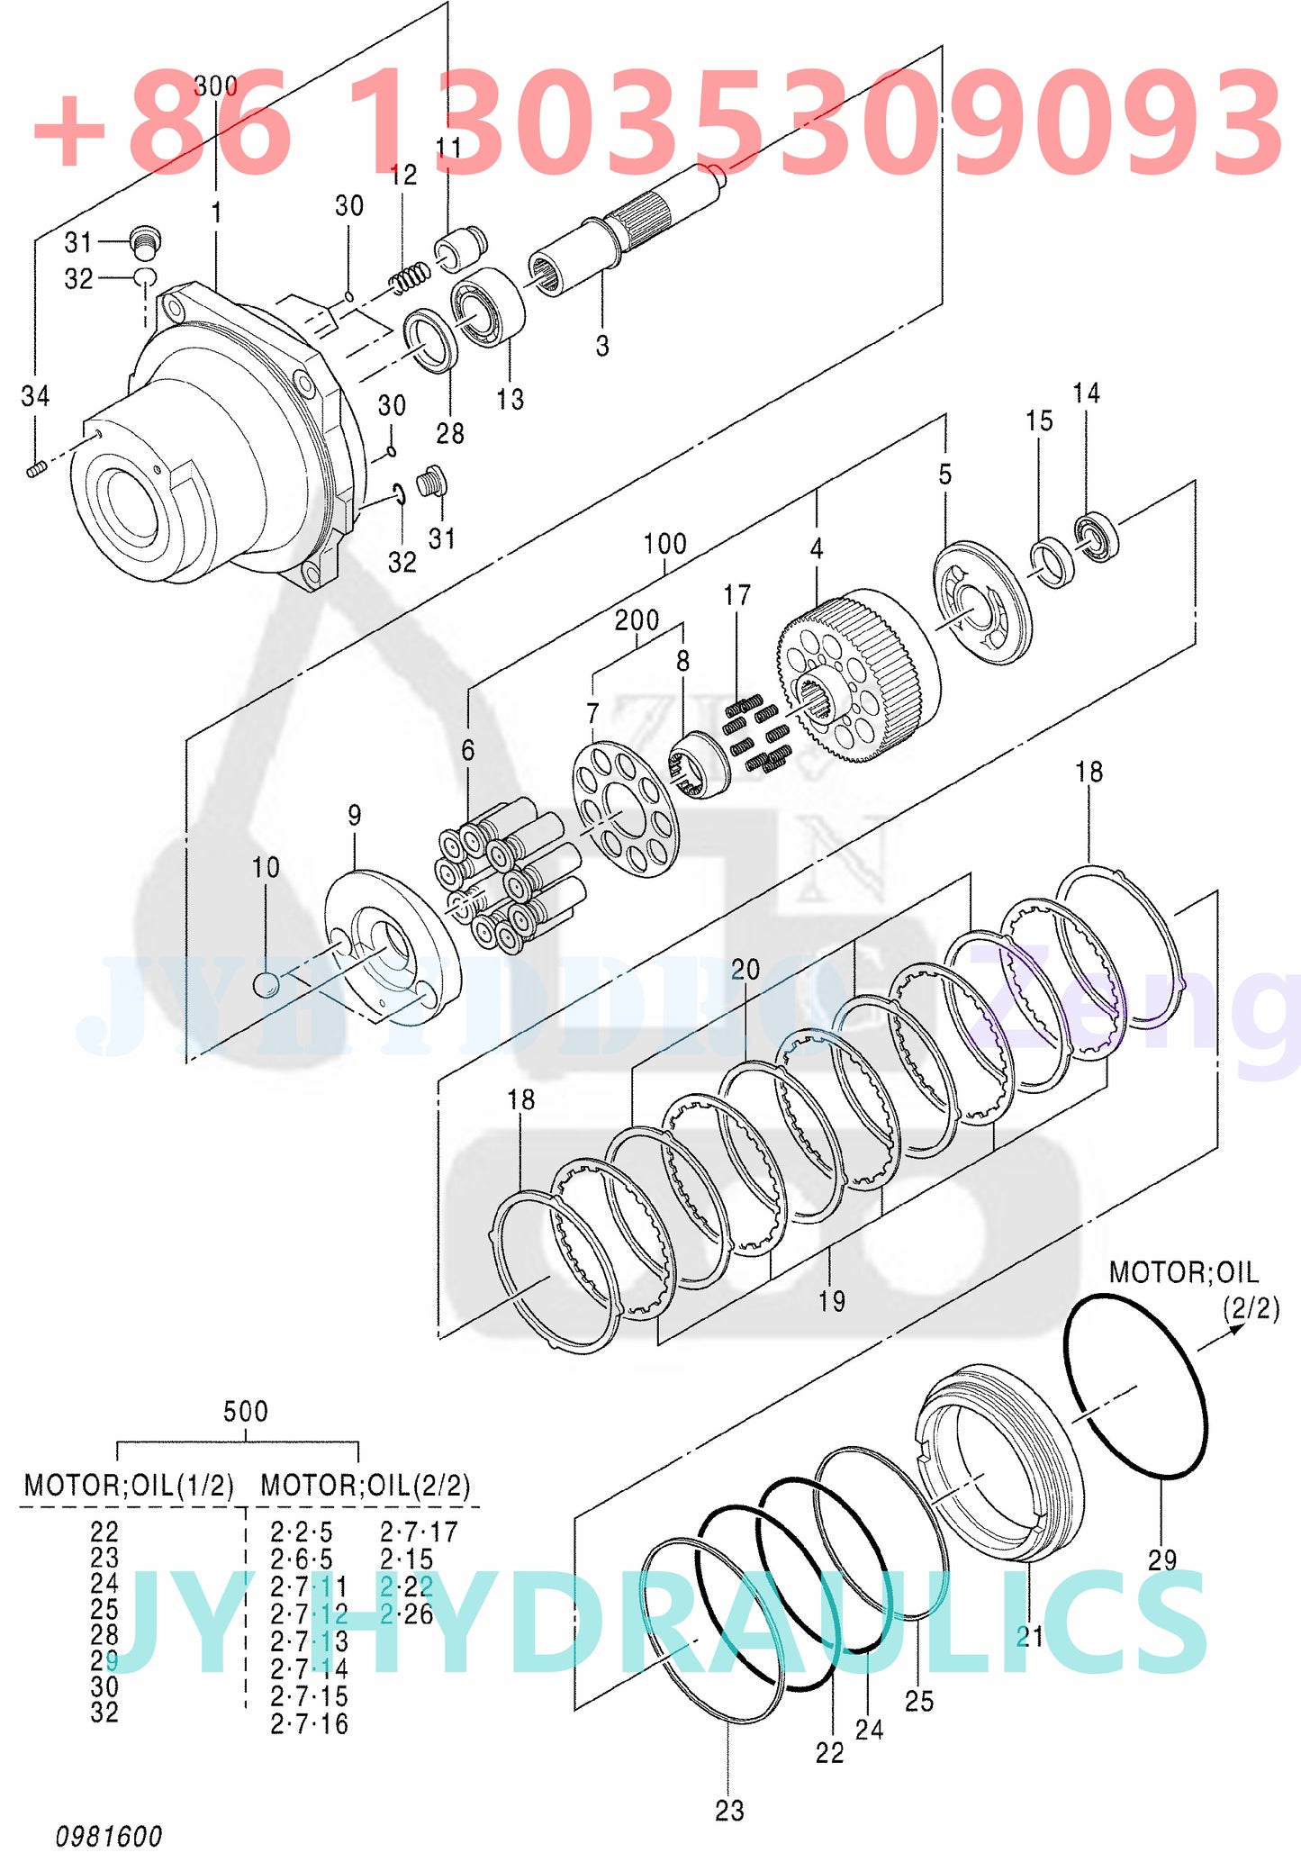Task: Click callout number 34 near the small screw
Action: pyautogui.click(x=35, y=396)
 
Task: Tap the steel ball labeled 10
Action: pyautogui.click(x=266, y=984)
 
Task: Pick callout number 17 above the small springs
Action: pyautogui.click(x=736, y=595)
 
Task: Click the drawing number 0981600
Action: pyautogui.click(x=109, y=1835)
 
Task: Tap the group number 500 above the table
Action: pyautogui.click(x=245, y=1411)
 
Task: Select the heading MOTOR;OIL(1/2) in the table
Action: pyautogui.click(x=128, y=1485)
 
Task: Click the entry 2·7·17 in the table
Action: pyautogui.click(x=419, y=1532)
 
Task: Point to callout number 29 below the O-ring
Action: pyautogui.click(x=1161, y=1559)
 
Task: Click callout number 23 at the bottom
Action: pyautogui.click(x=729, y=1810)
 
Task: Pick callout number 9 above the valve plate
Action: pyautogui.click(x=355, y=816)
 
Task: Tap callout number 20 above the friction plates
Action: pyautogui.click(x=745, y=970)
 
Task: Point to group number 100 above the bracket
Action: pyautogui.click(x=664, y=544)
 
